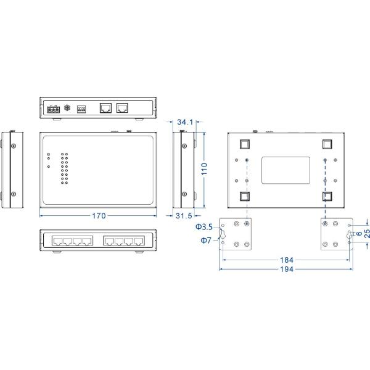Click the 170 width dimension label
point(99,216)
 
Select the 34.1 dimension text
point(184,121)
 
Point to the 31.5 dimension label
point(184,216)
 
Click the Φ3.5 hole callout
point(204,227)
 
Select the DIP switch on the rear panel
point(80,109)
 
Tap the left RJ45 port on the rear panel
point(105,109)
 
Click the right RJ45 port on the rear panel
point(123,109)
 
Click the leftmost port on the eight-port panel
point(57,239)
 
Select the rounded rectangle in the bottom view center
point(286,170)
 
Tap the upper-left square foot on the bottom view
point(244,144)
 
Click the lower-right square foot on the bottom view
point(327,197)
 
